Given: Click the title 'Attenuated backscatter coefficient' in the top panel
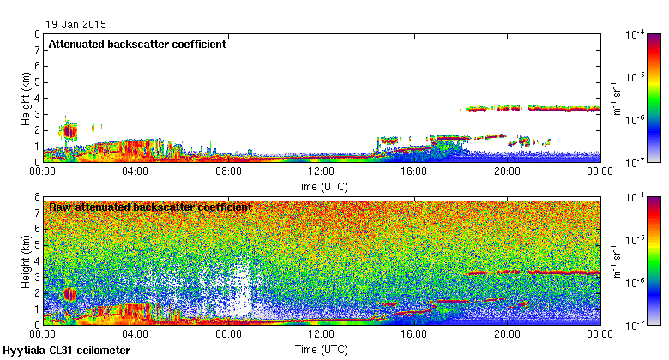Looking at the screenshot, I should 137,45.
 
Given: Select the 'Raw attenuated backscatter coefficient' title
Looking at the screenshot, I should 150,207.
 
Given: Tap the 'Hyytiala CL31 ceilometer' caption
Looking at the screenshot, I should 67,351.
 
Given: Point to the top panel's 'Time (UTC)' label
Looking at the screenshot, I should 321,185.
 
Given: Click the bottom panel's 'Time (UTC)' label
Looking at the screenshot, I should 321,349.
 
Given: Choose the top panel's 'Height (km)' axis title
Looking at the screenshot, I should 26,98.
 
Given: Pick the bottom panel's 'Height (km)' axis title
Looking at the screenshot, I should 26,261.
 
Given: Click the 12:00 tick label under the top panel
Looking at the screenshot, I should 321,171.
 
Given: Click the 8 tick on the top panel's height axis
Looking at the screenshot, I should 37,34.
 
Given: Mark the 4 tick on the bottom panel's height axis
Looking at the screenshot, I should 37,261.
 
